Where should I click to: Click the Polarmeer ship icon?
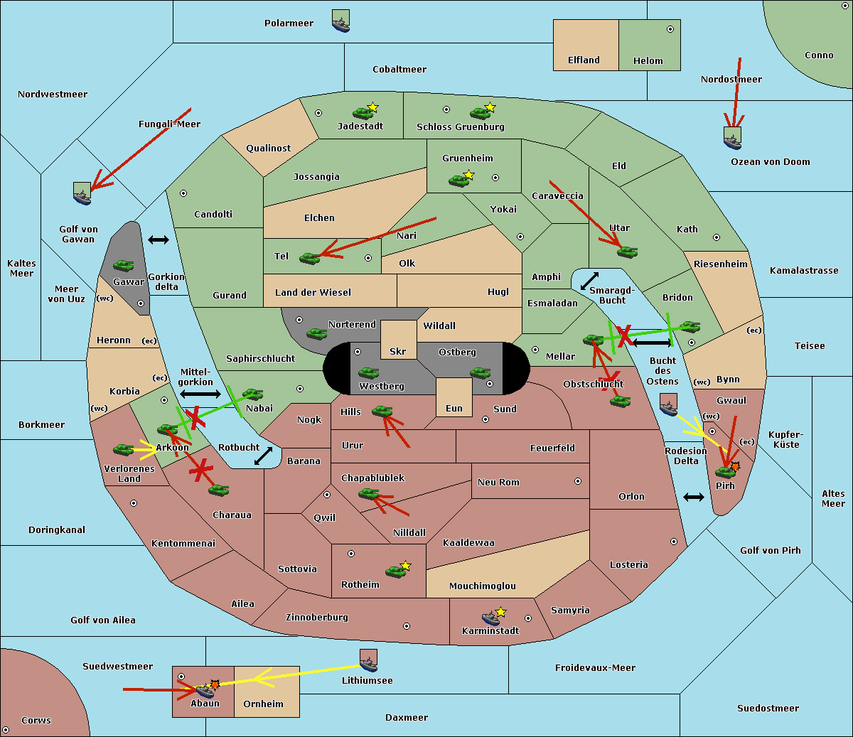(340, 21)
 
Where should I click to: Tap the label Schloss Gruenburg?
(460, 127)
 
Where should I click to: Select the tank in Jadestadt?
(363, 112)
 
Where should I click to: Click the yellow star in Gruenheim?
(468, 175)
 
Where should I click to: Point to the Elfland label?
(584, 60)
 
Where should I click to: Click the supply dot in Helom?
(670, 29)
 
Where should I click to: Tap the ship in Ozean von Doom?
(732, 138)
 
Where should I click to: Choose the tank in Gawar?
(123, 265)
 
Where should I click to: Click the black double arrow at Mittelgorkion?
(200, 394)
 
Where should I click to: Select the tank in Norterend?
(316, 333)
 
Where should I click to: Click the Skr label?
(398, 352)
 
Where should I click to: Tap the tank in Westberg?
(368, 372)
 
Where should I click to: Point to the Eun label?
(454, 409)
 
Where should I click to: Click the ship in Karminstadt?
(490, 618)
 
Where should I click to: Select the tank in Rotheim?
(395, 571)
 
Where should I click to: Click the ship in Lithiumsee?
(368, 660)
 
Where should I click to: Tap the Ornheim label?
(263, 704)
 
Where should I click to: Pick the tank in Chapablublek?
(368, 493)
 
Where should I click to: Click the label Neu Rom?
(498, 483)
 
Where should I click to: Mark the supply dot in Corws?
(6, 730)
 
